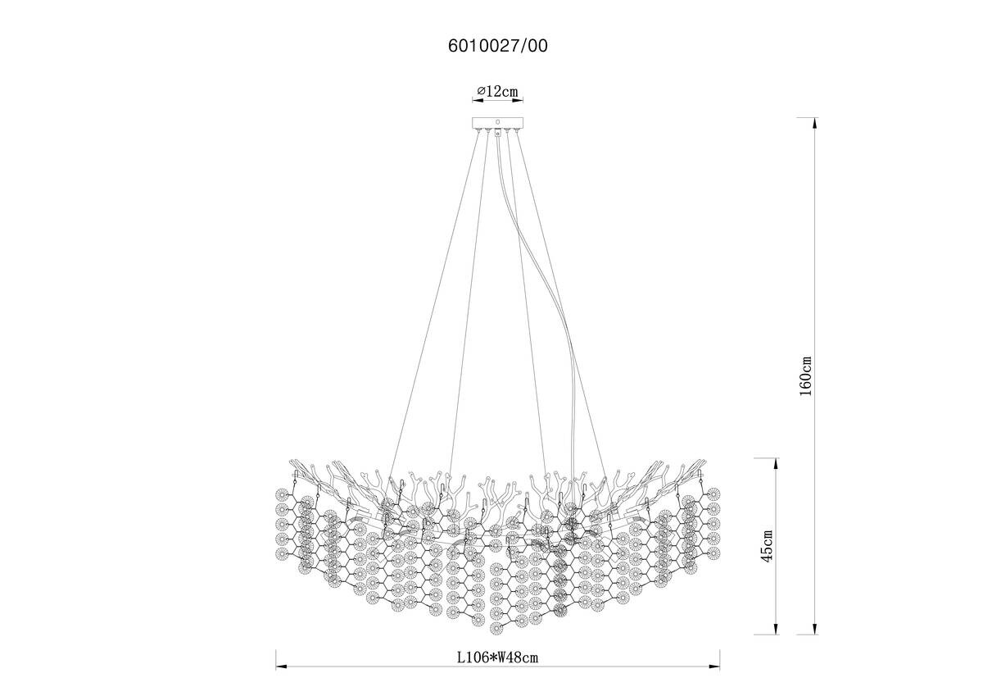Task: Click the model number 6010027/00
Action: pos(498,46)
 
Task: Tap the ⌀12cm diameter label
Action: pos(498,91)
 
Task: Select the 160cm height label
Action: pos(805,376)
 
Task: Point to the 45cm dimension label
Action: pos(767,546)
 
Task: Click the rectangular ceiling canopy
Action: pos(498,122)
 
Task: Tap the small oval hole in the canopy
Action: pos(497,121)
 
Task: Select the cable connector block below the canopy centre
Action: pos(498,133)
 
